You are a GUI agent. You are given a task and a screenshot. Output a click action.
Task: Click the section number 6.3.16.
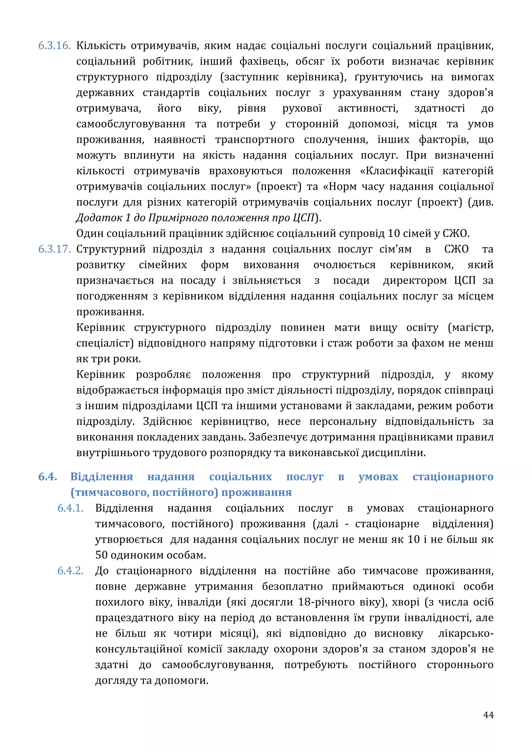pos(54,45)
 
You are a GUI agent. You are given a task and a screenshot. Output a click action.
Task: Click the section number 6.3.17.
pos(54,249)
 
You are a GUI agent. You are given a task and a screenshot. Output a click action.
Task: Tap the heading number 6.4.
pos(48,477)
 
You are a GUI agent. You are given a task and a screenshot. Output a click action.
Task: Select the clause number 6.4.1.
pos(70,508)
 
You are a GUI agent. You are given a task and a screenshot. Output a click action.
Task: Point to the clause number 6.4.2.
pos(70,571)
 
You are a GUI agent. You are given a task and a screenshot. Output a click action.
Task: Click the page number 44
pos(488,715)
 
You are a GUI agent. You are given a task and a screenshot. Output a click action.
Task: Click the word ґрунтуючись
pos(389,77)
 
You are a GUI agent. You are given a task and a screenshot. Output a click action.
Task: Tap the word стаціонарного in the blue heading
pos(453,477)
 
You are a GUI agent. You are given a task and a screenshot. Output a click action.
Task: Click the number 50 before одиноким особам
pos(102,555)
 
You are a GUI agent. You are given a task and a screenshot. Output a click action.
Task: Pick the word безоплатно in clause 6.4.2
pos(292,587)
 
